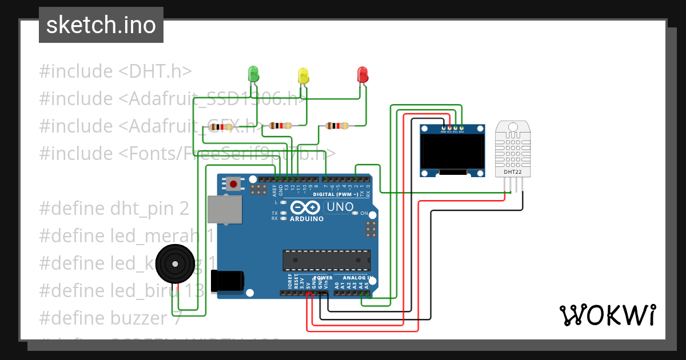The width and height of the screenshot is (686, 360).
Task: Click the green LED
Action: (x=253, y=73)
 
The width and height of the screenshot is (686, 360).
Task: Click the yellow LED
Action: (x=303, y=75)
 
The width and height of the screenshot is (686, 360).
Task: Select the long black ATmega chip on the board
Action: (x=326, y=260)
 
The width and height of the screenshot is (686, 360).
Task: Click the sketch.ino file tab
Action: (x=101, y=25)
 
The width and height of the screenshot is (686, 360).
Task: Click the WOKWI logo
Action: (x=607, y=315)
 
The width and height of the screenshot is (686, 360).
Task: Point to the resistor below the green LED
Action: (x=220, y=127)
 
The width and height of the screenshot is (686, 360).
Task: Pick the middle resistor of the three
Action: (x=280, y=126)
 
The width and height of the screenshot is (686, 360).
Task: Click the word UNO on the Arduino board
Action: (x=338, y=207)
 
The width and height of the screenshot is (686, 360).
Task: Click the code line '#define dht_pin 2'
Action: (x=114, y=209)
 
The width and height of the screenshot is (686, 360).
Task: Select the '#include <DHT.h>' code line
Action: (x=115, y=71)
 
